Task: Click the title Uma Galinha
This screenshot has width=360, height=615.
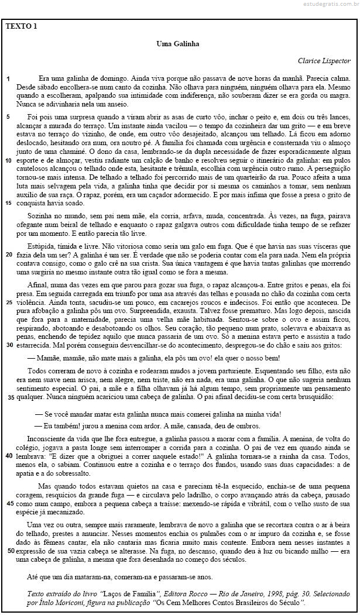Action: (178, 44)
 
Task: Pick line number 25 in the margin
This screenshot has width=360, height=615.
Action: (9, 303)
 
